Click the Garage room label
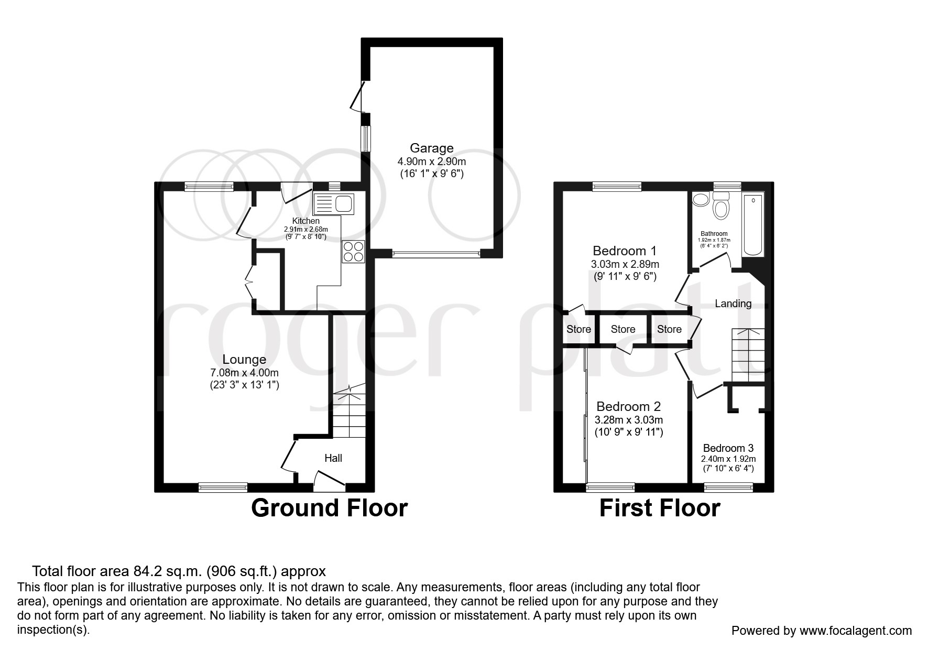pos(431,148)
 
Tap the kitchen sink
pos(334,204)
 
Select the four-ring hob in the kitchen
pos(353,251)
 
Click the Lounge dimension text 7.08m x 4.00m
pos(244,373)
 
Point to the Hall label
pos(333,458)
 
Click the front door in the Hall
pos(330,480)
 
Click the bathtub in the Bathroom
pos(754,224)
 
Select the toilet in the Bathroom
pos(722,208)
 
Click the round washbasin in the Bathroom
pos(700,200)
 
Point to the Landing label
pos(733,304)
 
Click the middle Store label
pos(623,329)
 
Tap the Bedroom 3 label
pos(728,448)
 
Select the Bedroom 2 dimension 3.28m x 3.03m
pos(629,420)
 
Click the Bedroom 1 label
pos(624,251)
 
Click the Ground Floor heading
pos(329,508)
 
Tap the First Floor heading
pos(659,508)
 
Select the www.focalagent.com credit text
pos(855,631)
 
